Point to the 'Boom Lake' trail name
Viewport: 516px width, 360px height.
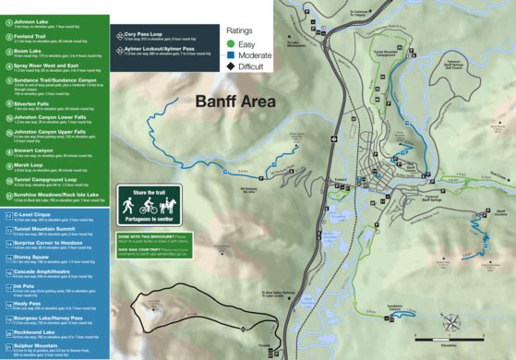28,51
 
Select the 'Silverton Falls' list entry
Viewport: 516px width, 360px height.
32,104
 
